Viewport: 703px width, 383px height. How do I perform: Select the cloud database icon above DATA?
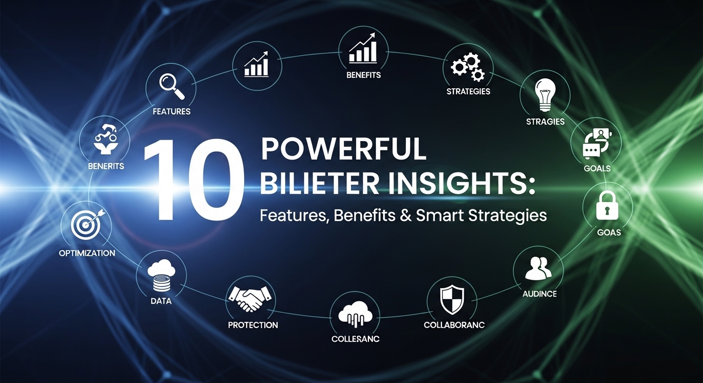(161, 275)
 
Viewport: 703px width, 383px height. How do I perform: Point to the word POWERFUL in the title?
(344, 148)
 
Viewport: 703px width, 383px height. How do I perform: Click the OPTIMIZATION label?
(87, 253)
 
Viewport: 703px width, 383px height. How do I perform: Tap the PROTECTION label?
(253, 325)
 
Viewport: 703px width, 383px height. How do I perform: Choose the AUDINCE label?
(539, 294)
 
